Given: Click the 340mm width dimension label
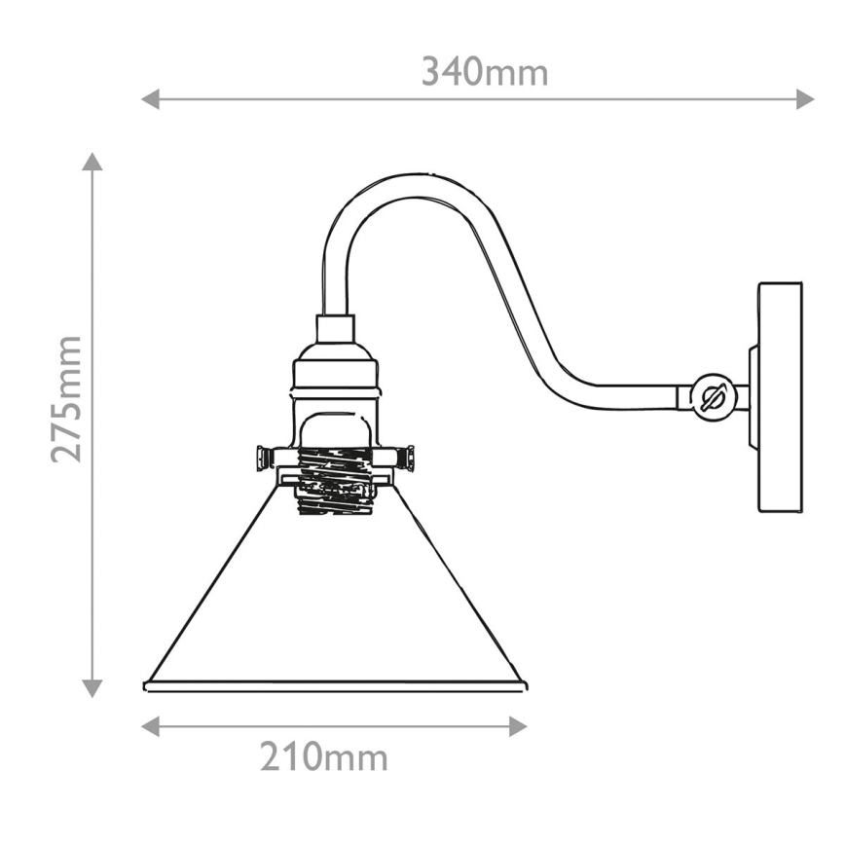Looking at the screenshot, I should pyautogui.click(x=484, y=72).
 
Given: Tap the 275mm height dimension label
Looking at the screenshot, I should pyautogui.click(x=67, y=398).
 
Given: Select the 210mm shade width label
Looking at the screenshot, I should pyautogui.click(x=323, y=756).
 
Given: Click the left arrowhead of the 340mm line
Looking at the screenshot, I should pyautogui.click(x=150, y=98).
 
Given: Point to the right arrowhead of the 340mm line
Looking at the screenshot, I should pyautogui.click(x=805, y=98).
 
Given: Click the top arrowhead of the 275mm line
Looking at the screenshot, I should pyautogui.click(x=92, y=162).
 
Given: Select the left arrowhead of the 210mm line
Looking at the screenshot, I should pyautogui.click(x=150, y=726).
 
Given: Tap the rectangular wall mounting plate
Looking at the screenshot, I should pyautogui.click(x=780, y=397).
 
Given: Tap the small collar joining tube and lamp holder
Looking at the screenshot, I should pyautogui.click(x=336, y=329).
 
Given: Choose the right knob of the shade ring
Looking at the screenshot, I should pyautogui.click(x=410, y=458).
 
